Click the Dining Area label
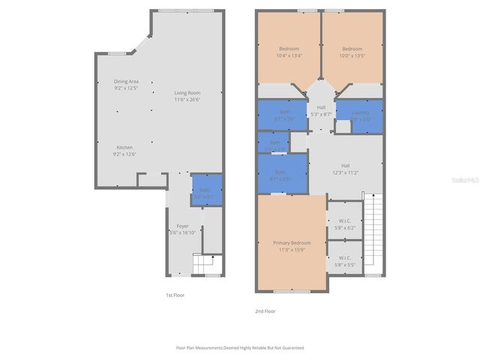(126, 81)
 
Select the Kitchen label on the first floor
(124, 147)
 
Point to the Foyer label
(182, 226)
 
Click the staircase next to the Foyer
(205, 265)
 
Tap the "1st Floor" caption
(175, 295)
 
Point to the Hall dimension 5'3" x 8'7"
(321, 113)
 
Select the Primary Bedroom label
(291, 243)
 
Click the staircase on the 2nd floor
(373, 232)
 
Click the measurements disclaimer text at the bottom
(239, 348)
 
